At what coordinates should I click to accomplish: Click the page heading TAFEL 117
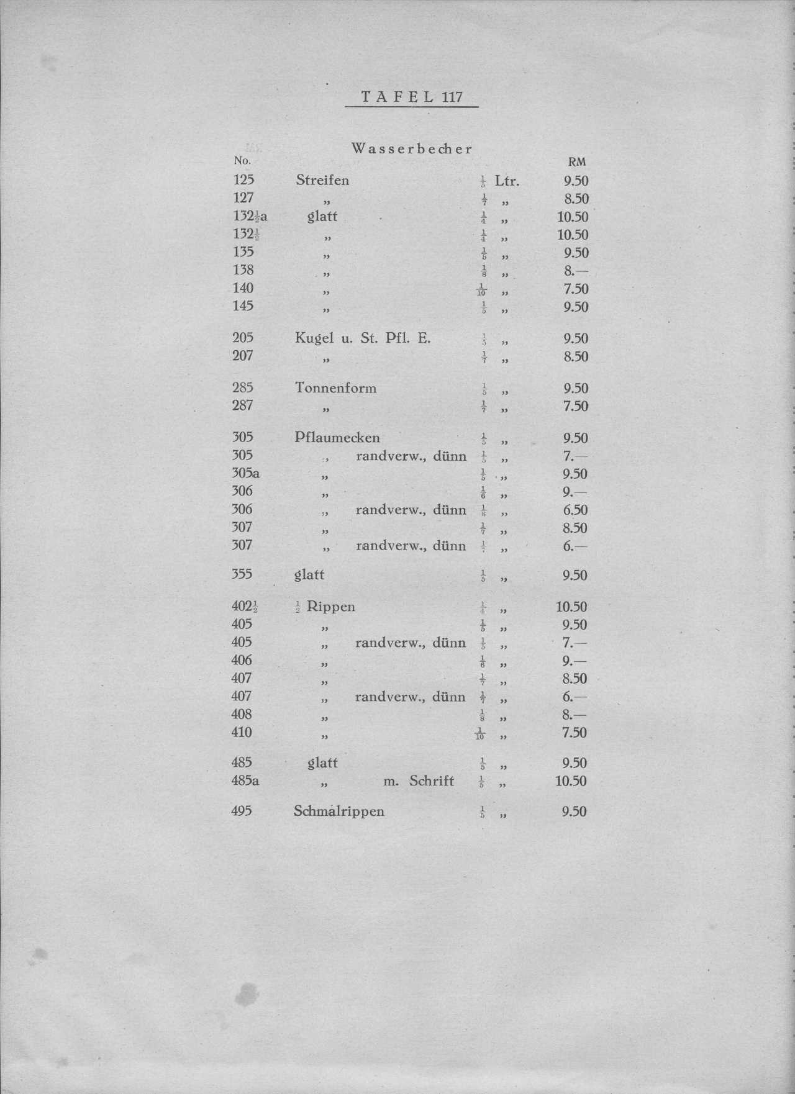412,97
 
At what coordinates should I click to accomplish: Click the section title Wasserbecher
412,149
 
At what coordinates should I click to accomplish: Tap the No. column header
242,161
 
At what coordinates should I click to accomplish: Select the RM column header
577,162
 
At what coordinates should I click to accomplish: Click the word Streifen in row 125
322,181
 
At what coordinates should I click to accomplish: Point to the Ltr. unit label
507,181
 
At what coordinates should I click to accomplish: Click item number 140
243,288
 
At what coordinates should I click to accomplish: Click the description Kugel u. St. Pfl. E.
363,338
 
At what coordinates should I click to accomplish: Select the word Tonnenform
335,389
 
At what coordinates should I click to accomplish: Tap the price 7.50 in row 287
576,406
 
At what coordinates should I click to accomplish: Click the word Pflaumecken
337,438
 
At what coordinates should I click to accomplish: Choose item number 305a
245,474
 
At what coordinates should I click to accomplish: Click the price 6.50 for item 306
575,510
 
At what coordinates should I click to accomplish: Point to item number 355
242,574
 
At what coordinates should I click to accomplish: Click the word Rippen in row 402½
331,607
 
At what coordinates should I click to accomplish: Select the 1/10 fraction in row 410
481,733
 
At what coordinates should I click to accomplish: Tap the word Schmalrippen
338,811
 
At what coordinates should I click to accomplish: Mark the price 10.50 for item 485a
571,781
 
